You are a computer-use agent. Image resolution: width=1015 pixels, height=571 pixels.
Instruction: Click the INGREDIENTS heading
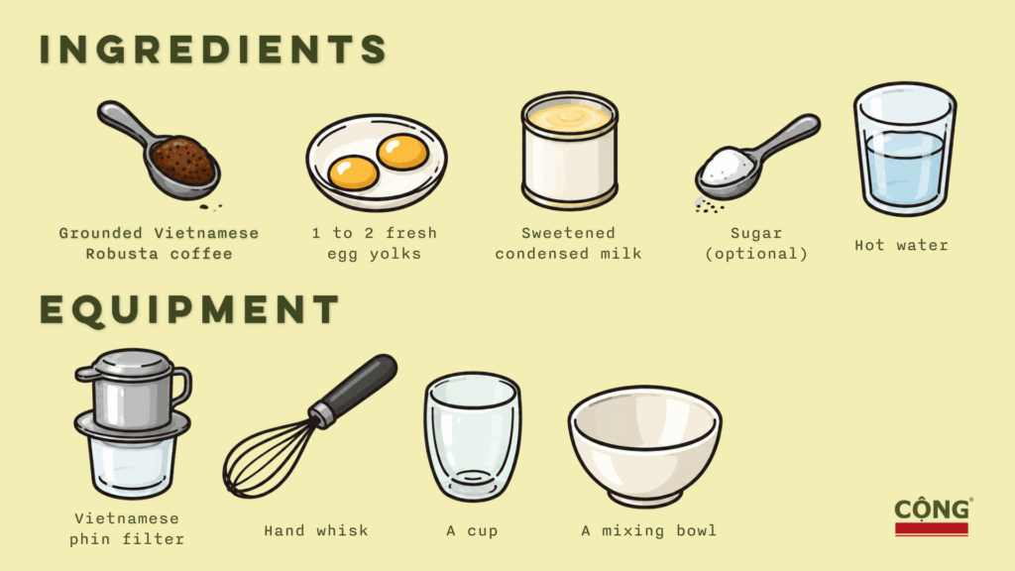(213, 50)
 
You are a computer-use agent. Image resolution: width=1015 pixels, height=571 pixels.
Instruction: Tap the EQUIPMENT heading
(189, 309)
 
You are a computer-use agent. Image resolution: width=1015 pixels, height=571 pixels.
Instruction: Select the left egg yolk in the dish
(353, 172)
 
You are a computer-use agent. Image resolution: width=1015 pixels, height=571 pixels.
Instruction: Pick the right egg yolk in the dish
(402, 152)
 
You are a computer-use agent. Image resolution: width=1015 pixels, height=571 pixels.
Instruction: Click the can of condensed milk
(570, 151)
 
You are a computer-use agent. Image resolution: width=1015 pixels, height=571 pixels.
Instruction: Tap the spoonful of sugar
(756, 160)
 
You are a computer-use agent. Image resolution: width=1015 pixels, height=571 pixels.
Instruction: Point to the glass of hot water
(904, 149)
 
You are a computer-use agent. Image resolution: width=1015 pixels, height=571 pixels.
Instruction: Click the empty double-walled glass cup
(473, 437)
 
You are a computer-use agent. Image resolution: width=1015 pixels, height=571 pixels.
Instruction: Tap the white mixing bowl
(644, 446)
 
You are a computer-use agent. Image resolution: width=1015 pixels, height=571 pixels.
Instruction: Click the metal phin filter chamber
(133, 393)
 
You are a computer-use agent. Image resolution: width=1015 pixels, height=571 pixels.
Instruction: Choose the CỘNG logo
(932, 516)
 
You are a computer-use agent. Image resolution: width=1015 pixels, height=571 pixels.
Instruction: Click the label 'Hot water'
(901, 246)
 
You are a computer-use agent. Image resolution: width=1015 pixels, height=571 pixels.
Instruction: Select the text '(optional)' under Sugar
(756, 254)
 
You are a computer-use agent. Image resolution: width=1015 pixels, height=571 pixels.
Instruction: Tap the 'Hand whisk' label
(316, 531)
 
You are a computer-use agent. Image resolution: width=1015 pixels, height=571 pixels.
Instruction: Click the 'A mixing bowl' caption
(648, 531)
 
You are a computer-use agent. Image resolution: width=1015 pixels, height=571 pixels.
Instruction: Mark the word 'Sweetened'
(568, 233)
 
